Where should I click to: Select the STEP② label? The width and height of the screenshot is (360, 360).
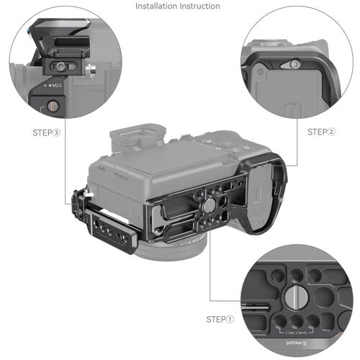(x=322, y=132)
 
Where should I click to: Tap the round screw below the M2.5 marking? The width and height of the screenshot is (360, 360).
(x=53, y=106)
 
